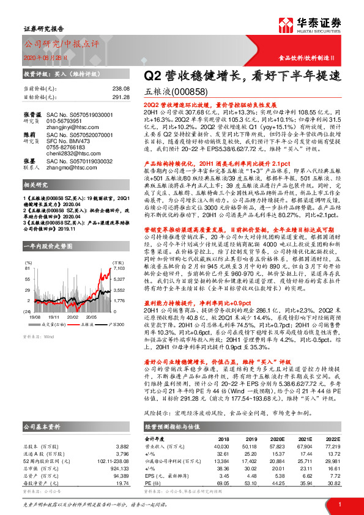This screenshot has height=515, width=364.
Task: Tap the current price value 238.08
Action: [119, 88]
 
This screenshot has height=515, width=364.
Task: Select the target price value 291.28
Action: [119, 97]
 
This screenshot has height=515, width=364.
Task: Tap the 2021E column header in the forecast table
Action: [304, 439]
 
